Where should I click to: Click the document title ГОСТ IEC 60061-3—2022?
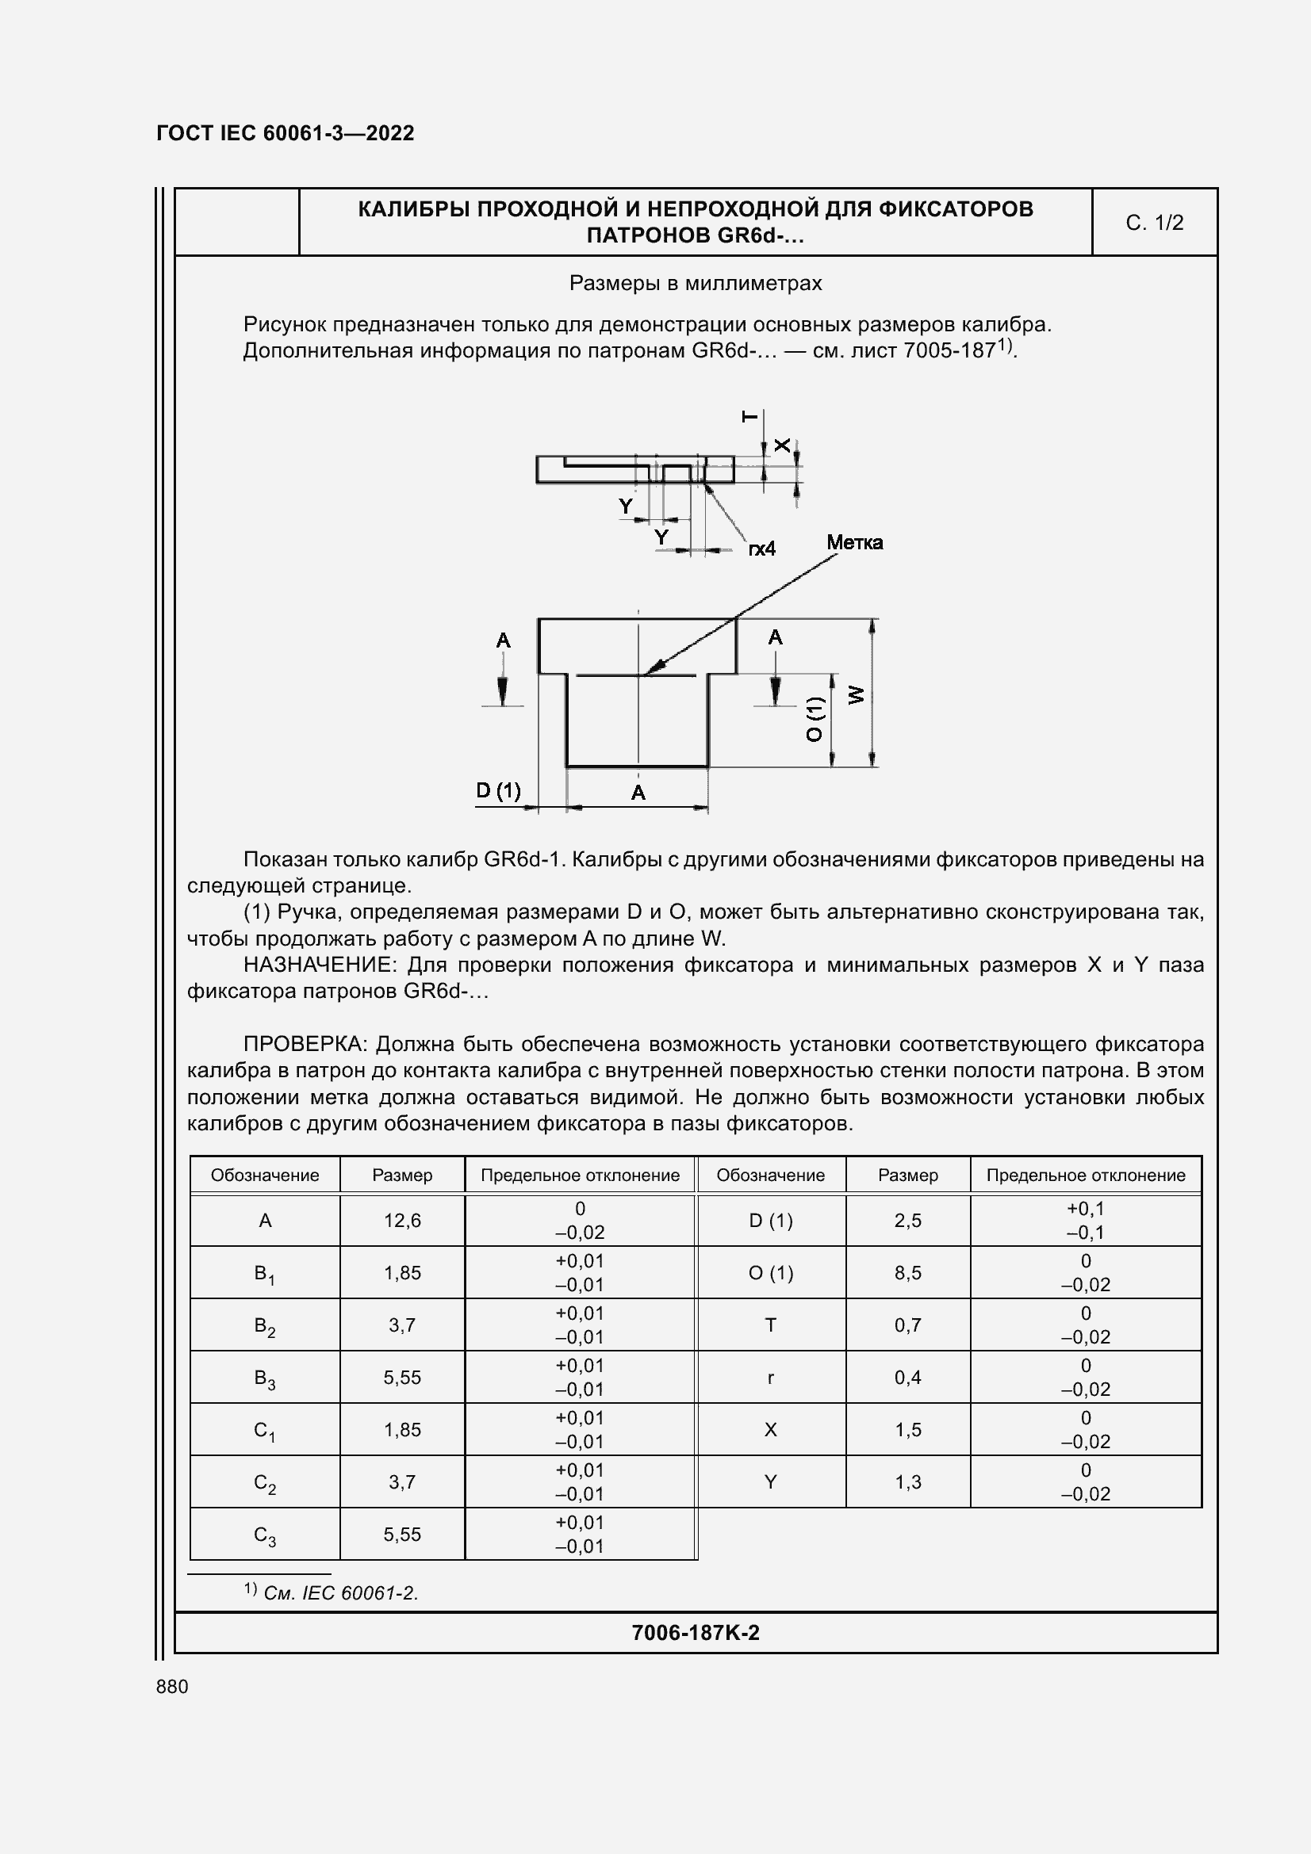pyautogui.click(x=286, y=133)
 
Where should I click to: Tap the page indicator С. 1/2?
pyautogui.click(x=1153, y=223)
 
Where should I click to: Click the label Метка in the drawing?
pyautogui.click(x=854, y=543)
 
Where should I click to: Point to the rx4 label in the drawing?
pyautogui.click(x=761, y=549)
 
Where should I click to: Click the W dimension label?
pyautogui.click(x=857, y=694)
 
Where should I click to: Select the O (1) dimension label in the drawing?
pyautogui.click(x=815, y=719)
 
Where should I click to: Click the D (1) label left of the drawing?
pyautogui.click(x=497, y=789)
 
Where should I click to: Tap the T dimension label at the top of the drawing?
pyautogui.click(x=749, y=417)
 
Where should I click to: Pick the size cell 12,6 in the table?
pyautogui.click(x=402, y=1220)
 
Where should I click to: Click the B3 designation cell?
pyautogui.click(x=265, y=1378)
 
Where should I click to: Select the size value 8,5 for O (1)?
pyautogui.click(x=908, y=1273)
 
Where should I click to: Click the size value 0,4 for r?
pyautogui.click(x=908, y=1378)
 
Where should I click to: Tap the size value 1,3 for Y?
pyautogui.click(x=908, y=1481)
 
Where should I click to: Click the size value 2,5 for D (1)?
pyautogui.click(x=908, y=1220)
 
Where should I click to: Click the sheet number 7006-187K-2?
pyautogui.click(x=695, y=1633)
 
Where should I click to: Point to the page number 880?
pyautogui.click(x=172, y=1686)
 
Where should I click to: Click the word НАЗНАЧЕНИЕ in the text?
pyautogui.click(x=319, y=965)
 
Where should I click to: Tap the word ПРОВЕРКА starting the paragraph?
pyautogui.click(x=305, y=1044)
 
